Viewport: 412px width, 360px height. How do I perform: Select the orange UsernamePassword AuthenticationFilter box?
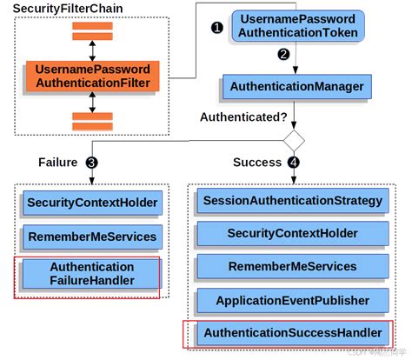[x=93, y=77]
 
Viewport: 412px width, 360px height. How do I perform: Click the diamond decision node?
[x=296, y=138]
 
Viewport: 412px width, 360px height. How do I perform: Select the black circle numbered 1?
[x=217, y=27]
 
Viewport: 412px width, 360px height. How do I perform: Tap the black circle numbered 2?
[x=282, y=55]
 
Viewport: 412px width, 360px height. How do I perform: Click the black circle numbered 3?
[x=91, y=163]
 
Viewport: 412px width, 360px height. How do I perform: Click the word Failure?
[x=57, y=163]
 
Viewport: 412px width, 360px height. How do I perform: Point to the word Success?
[x=256, y=163]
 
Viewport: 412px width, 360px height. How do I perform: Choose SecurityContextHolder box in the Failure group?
[x=92, y=203]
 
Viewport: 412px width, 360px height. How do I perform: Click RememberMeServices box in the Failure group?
[x=92, y=236]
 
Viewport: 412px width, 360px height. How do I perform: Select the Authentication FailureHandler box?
[x=92, y=273]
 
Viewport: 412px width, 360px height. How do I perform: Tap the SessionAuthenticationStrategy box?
[x=292, y=201]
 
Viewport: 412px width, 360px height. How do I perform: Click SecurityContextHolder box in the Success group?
[x=292, y=234]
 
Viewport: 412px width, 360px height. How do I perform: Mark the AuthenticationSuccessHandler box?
[x=292, y=333]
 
